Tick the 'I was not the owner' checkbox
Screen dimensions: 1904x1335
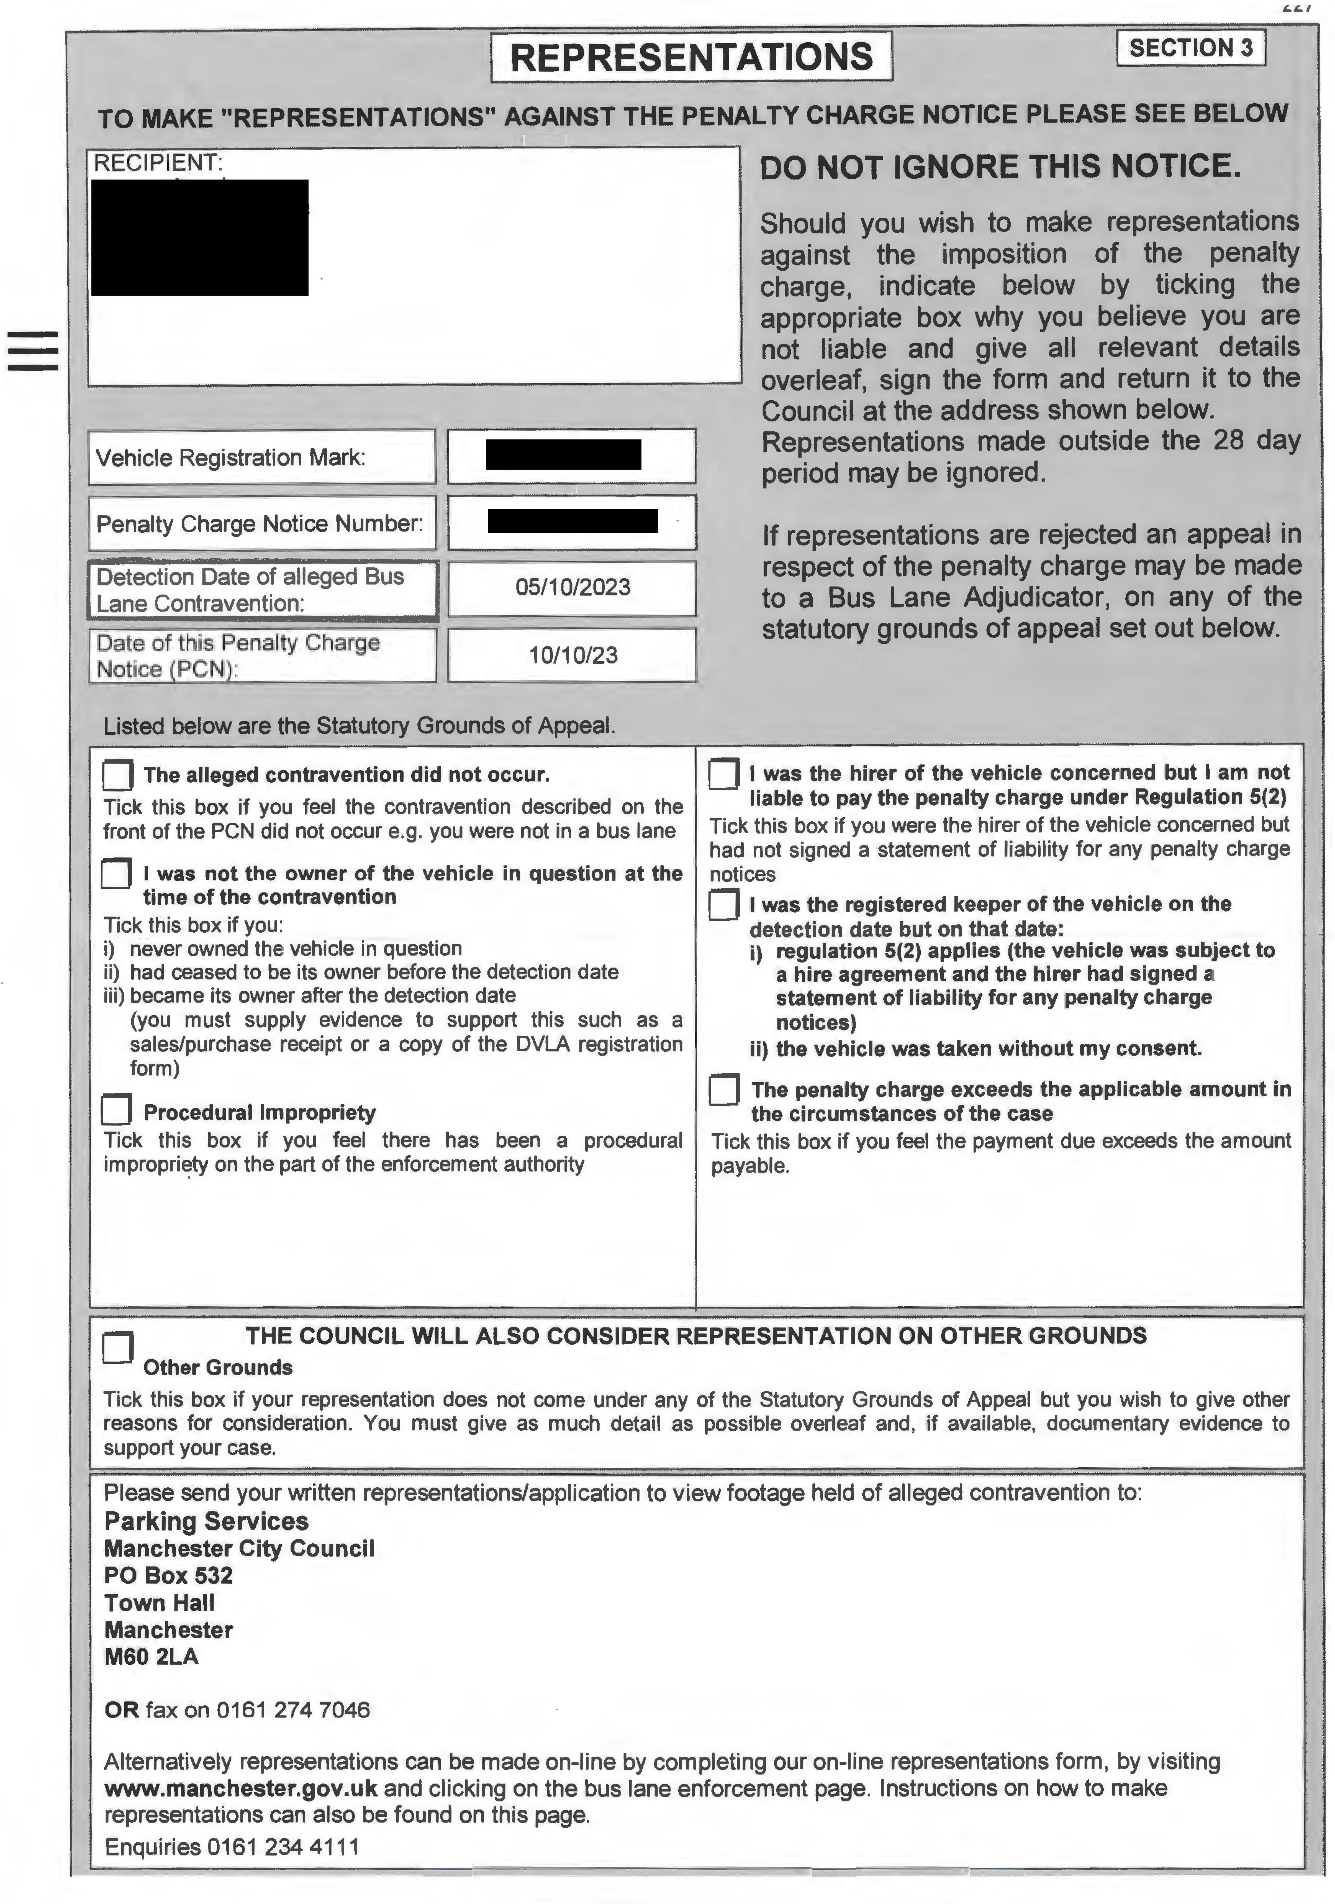click(116, 873)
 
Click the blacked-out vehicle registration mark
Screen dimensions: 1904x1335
click(563, 454)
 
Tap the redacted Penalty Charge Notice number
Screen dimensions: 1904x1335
click(572, 521)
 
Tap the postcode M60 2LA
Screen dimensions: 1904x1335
click(151, 1657)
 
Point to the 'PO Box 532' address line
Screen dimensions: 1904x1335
click(168, 1576)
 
